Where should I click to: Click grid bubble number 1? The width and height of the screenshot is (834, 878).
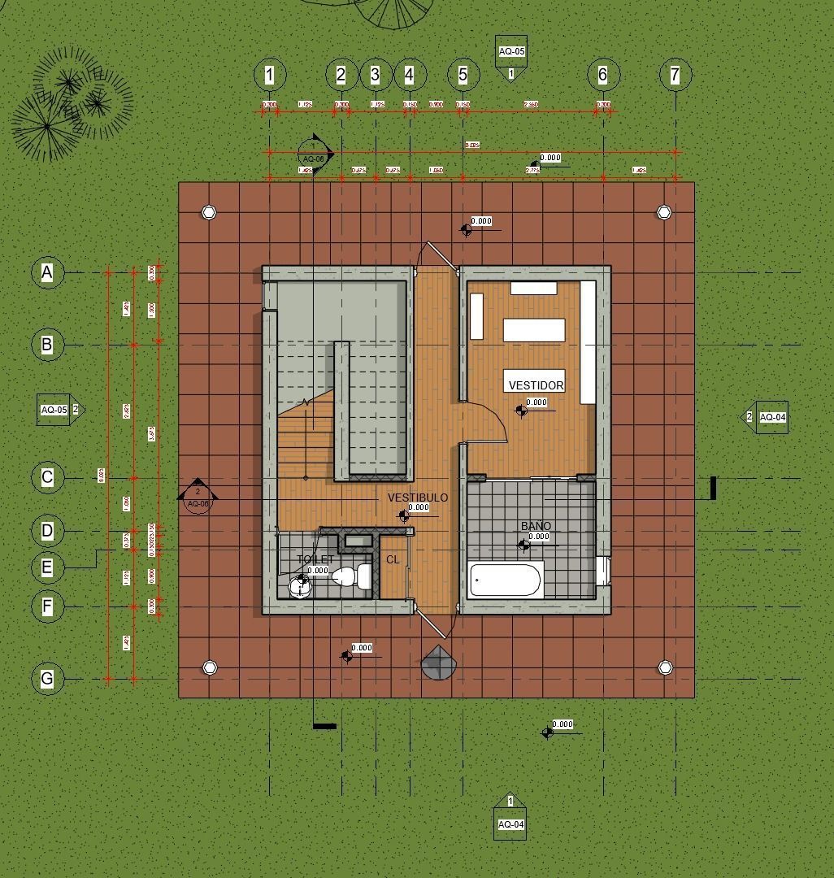[269, 75]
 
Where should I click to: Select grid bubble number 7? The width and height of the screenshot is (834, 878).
[675, 75]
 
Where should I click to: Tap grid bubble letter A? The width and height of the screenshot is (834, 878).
[47, 272]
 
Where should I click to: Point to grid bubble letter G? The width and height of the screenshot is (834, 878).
[47, 678]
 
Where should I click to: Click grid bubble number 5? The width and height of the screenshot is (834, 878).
[463, 75]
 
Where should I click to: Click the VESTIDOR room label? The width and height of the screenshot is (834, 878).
[536, 385]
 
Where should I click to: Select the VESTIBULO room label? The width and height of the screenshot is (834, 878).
[417, 498]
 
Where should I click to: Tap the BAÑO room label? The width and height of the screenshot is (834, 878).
[536, 526]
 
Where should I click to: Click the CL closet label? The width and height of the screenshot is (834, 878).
[393, 559]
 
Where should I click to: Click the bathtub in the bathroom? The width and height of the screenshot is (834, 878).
[506, 580]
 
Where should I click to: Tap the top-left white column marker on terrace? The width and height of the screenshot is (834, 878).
[209, 212]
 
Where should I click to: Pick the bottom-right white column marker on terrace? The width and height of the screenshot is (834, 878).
[665, 667]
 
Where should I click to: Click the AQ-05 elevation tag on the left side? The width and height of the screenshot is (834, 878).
[54, 410]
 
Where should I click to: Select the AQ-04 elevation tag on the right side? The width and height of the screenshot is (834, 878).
[771, 417]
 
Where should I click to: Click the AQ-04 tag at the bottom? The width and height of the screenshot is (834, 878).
[510, 824]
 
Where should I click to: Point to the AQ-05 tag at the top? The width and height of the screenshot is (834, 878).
[511, 51]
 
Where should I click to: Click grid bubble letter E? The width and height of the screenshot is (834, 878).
[47, 567]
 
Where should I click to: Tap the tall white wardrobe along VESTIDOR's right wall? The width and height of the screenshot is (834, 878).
[588, 342]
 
